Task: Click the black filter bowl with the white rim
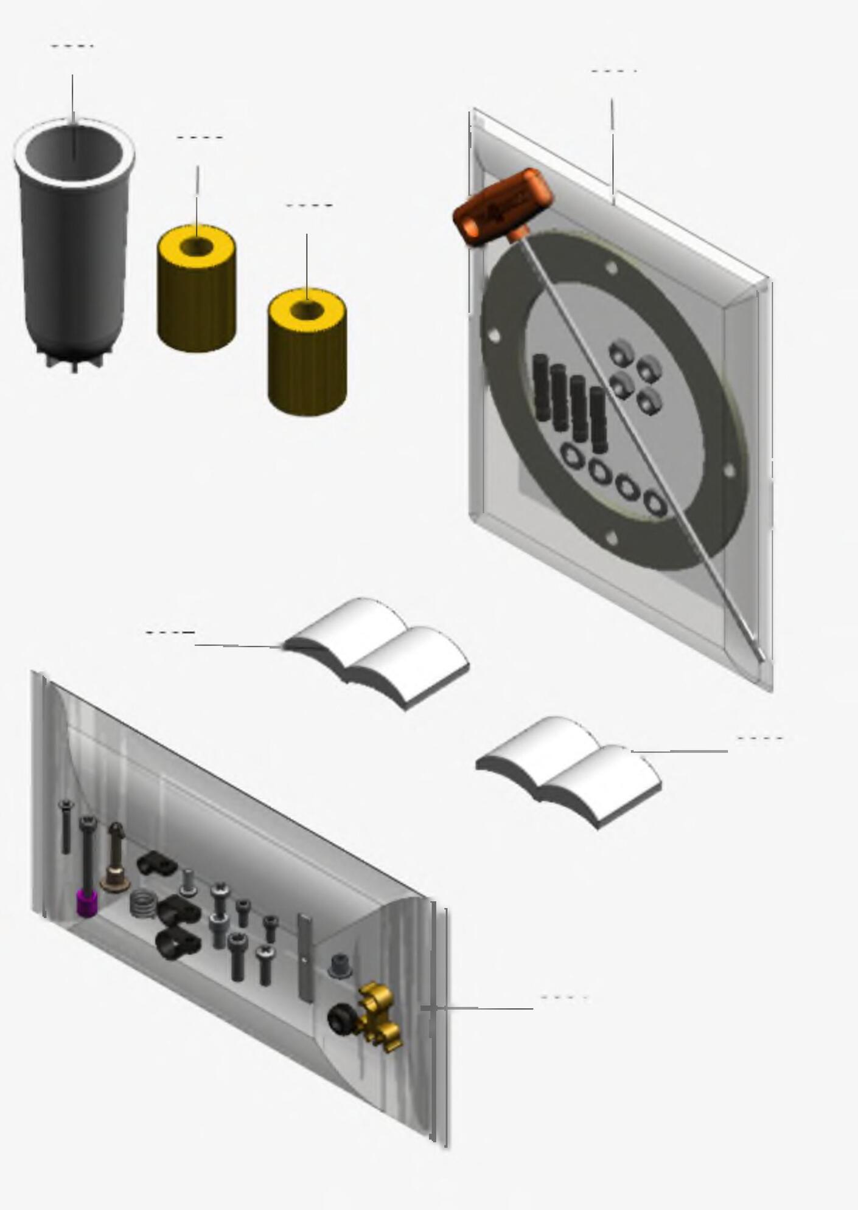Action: click(73, 243)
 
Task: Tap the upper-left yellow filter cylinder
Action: click(197, 292)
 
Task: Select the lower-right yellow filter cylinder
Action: click(307, 356)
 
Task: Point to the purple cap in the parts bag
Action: click(87, 902)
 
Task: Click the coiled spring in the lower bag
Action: click(142, 904)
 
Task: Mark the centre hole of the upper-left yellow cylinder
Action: click(197, 246)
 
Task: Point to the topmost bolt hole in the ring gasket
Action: click(612, 268)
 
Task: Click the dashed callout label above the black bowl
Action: click(72, 46)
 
